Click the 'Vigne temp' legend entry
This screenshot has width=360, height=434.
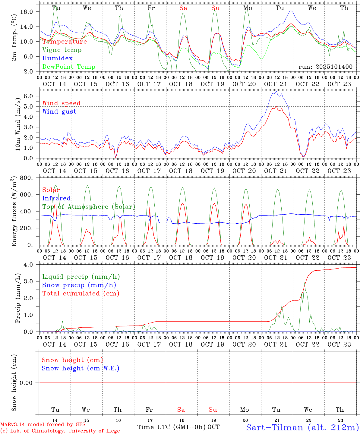tap(62, 50)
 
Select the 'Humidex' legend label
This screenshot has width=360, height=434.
tap(57, 58)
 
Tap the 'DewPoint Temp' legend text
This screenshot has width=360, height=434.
tap(69, 67)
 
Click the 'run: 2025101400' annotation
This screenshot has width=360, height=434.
tap(325, 67)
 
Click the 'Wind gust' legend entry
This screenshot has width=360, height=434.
tap(59, 112)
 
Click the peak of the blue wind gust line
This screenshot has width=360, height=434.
tap(276, 91)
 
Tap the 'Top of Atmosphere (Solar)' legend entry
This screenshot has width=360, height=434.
tap(88, 207)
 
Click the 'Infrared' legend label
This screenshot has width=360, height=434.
tap(56, 198)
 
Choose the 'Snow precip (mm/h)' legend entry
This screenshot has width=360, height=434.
tap(79, 285)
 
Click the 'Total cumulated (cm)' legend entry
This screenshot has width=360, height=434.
tap(81, 294)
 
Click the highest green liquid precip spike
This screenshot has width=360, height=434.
tap(305, 283)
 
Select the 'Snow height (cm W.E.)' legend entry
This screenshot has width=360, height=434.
tap(81, 368)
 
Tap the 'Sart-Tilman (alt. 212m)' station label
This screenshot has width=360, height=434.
tap(302, 427)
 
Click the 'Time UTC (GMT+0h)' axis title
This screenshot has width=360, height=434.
tap(171, 427)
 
